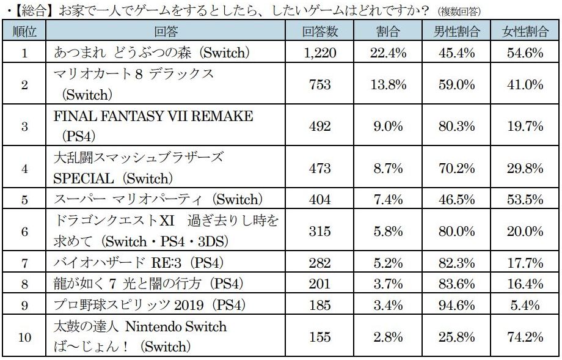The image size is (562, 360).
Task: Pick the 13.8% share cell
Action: click(x=389, y=85)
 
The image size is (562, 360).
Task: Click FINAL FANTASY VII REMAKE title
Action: click(x=153, y=117)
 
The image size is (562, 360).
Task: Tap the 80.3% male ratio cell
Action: click(x=457, y=126)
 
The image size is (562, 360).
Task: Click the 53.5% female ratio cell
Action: click(x=525, y=200)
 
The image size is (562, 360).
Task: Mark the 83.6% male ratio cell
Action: click(x=457, y=284)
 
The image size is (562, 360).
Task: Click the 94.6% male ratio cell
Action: click(x=457, y=305)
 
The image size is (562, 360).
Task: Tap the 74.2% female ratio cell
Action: click(x=525, y=336)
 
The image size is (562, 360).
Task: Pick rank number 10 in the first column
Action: click(x=24, y=336)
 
